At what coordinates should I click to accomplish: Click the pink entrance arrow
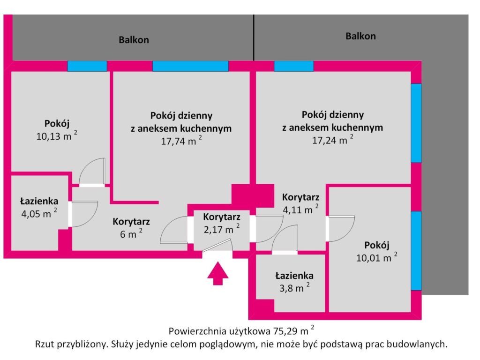pyautogui.click(x=217, y=273)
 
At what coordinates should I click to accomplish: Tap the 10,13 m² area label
pyautogui.click(x=57, y=135)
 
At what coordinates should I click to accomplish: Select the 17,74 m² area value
pyautogui.click(x=181, y=141)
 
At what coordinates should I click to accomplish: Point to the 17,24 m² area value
pyautogui.click(x=333, y=140)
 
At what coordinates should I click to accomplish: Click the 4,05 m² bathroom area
pyautogui.click(x=39, y=213)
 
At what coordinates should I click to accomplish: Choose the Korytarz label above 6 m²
pyautogui.click(x=131, y=221)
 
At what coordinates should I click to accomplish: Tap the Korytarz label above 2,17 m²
pyautogui.click(x=222, y=217)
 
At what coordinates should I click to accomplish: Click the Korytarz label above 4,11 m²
pyautogui.click(x=300, y=197)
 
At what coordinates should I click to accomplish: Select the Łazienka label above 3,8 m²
pyautogui.click(x=294, y=276)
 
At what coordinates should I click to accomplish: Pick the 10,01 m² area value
pyautogui.click(x=377, y=257)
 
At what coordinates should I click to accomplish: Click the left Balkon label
pyautogui.click(x=134, y=40)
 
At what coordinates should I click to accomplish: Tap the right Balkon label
pyautogui.click(x=360, y=36)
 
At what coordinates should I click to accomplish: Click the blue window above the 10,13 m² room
pyautogui.click(x=87, y=66)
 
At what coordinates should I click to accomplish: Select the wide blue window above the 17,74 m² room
pyautogui.click(x=190, y=66)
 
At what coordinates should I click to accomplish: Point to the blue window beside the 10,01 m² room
pyautogui.click(x=416, y=251)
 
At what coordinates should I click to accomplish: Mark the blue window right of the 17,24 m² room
pyautogui.click(x=416, y=123)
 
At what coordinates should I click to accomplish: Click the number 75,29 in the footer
pyautogui.click(x=284, y=331)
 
